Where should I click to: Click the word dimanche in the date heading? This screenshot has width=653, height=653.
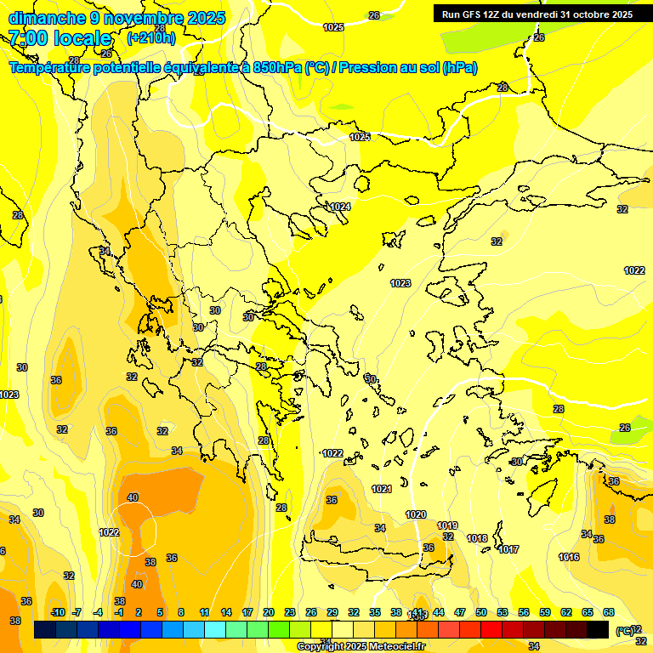(x=47, y=18)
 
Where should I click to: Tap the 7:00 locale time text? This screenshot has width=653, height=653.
(x=60, y=38)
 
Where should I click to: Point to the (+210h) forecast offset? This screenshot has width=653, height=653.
(x=151, y=38)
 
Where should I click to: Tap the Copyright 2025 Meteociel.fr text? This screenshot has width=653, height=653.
(x=361, y=647)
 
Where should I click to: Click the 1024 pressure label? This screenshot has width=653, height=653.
(x=340, y=207)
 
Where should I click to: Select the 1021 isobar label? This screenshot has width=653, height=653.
(x=382, y=489)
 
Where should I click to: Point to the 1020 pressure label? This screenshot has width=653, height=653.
(x=416, y=514)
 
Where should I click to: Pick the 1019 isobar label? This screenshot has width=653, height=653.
(x=448, y=525)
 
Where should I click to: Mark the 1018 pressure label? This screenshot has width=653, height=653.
(x=477, y=538)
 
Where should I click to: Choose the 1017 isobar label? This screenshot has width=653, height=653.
(x=508, y=549)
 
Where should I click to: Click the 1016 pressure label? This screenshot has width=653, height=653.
(x=569, y=557)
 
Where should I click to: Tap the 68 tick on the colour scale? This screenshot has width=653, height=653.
(x=609, y=612)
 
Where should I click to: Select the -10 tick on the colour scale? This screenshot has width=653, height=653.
(x=58, y=612)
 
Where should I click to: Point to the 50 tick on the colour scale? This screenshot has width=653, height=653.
(x=481, y=612)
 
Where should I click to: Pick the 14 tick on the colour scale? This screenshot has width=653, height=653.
(x=226, y=612)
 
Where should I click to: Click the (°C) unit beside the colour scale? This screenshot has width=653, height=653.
(x=624, y=631)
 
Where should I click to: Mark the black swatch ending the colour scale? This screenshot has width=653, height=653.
(x=598, y=629)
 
